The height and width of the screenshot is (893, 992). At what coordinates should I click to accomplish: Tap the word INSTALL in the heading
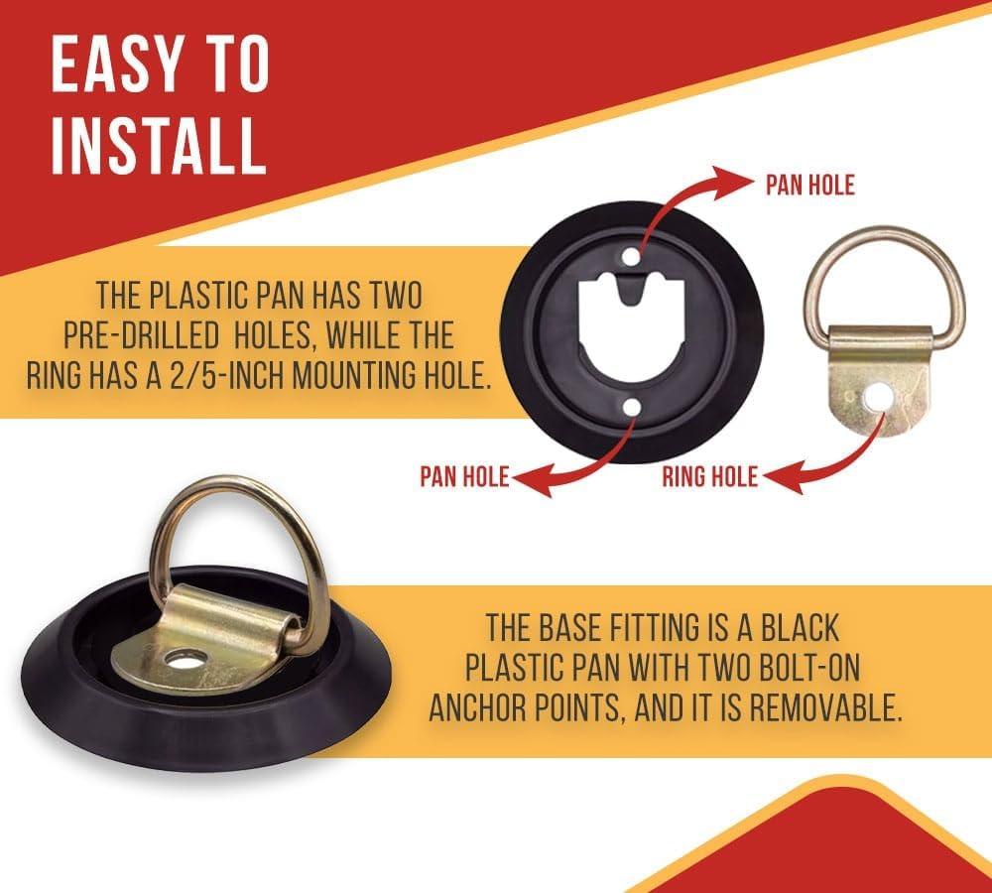click(x=158, y=145)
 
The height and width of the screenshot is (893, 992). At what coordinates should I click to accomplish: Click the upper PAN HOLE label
click(x=809, y=185)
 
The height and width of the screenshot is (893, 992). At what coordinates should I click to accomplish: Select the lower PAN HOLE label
click(x=464, y=476)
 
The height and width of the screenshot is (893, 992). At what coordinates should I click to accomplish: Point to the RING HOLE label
click(x=710, y=476)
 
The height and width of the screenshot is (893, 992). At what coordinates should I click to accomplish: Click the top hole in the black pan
click(x=631, y=257)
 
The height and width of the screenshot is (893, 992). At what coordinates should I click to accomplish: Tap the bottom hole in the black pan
click(x=631, y=408)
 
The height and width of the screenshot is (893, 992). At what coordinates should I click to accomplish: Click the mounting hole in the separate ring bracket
click(x=878, y=398)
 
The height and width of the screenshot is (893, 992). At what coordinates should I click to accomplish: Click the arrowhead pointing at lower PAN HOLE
click(x=533, y=479)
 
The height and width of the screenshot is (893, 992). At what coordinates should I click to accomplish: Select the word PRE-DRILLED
click(x=141, y=335)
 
